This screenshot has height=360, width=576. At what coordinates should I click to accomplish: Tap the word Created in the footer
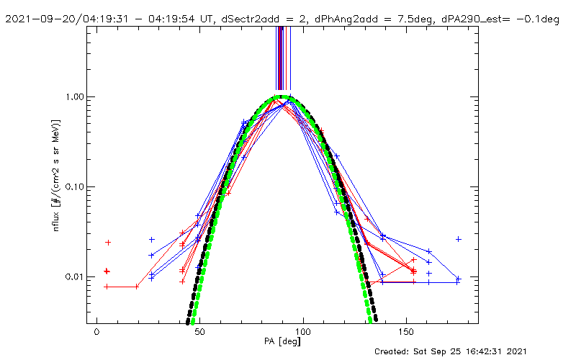[x=393, y=351]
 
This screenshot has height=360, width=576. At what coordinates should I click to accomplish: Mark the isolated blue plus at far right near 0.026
[x=458, y=239]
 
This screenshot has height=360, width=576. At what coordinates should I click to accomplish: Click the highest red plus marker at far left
[x=108, y=243]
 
